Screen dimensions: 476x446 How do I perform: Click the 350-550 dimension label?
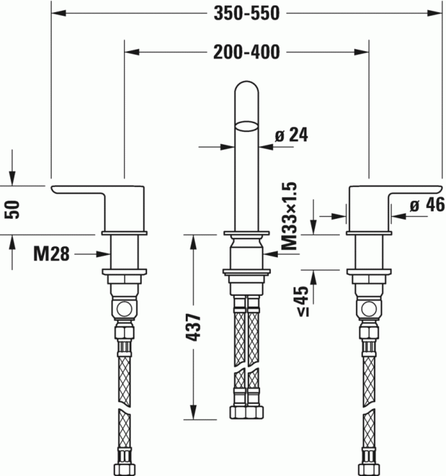pos(246,14)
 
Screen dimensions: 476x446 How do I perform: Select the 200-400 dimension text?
pos(246,52)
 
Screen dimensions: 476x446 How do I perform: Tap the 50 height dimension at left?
pos(12,208)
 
